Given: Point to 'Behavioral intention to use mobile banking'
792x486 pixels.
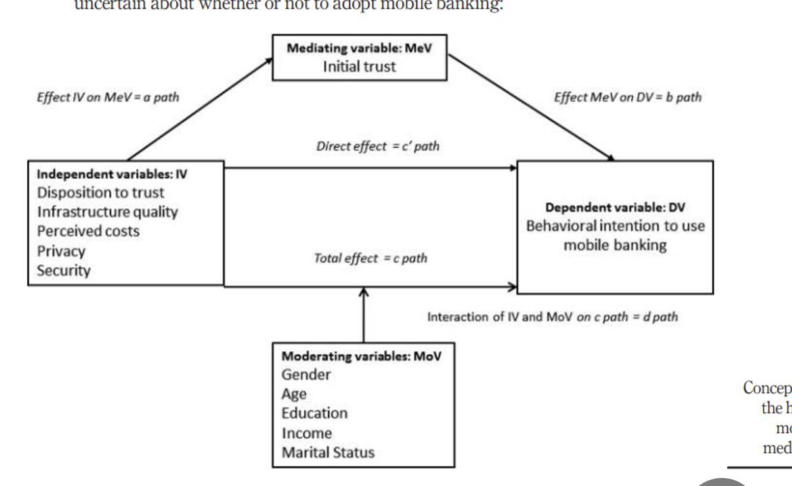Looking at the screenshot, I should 616,236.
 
